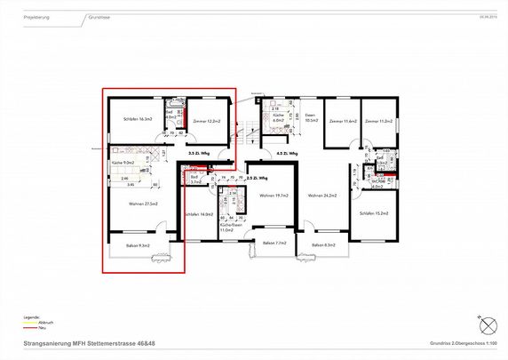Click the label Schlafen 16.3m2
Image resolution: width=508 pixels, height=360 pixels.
click(129, 119)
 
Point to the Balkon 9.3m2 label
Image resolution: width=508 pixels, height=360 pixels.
click(138, 245)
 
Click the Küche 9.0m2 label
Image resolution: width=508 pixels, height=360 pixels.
click(123, 163)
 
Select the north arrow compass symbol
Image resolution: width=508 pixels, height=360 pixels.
click(485, 323)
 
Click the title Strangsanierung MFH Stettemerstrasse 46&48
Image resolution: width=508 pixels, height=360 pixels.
click(89, 343)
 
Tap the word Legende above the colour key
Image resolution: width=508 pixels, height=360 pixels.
click(31, 316)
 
